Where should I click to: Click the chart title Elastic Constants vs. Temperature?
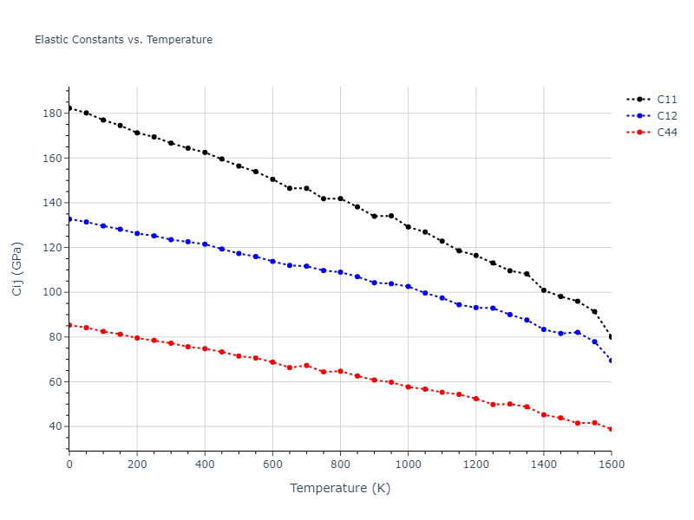coord(123,40)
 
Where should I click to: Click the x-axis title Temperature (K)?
coord(340,488)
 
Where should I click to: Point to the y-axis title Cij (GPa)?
coord(17,269)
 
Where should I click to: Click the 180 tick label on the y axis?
coord(52,114)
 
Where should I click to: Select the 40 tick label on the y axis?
coord(56,426)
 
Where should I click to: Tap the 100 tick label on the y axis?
coord(52,292)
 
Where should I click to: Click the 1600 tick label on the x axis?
coord(611,465)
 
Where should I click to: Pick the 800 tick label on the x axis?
coord(340,465)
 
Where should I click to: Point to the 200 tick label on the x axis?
coord(137,465)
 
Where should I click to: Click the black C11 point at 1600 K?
coord(611,337)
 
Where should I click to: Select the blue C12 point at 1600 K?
coord(611,361)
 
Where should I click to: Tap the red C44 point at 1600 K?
coord(611,429)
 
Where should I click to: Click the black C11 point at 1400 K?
coord(544,289)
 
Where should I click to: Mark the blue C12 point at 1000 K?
coord(408,286)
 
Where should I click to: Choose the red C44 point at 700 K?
coord(306,365)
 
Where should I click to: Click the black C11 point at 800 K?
coord(340,198)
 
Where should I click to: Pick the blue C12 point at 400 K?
coord(205,244)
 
